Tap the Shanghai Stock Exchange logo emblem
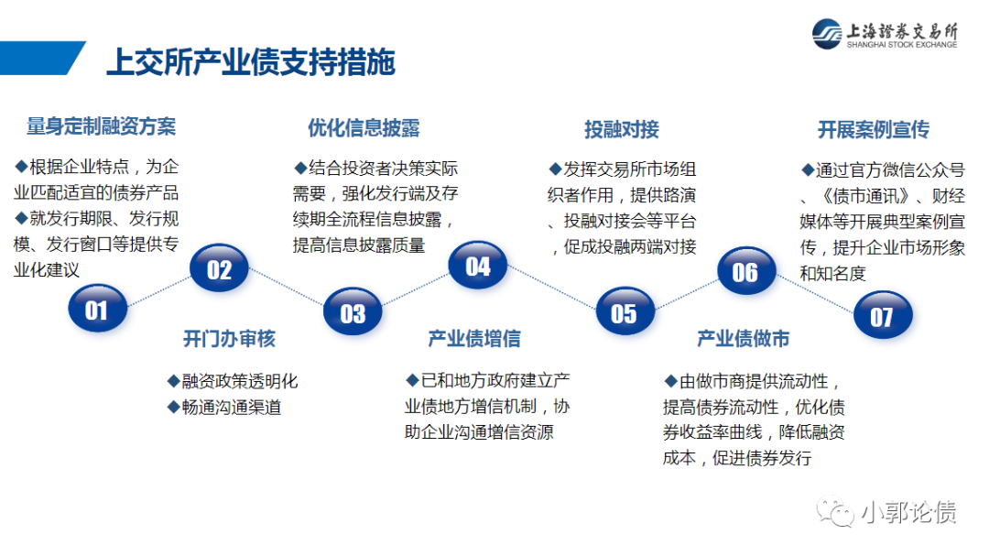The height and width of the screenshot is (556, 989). pos(829,34)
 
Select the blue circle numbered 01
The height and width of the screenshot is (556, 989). pos(96,311)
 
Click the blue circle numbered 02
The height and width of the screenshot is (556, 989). pos(219,269)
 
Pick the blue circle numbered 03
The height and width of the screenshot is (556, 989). pos(353,313)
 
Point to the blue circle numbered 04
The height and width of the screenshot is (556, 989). pos(477,267)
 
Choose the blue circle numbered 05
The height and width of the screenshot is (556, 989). pos(624,313)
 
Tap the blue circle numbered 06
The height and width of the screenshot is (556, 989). pos(744,271)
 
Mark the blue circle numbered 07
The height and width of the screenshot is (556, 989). pos(881,317)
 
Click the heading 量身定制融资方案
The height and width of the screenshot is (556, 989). pos(101,126)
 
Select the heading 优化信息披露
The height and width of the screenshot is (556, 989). pos(364,127)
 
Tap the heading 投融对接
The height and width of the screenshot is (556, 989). pos(622,129)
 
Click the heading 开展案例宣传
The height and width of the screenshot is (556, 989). pos(873,130)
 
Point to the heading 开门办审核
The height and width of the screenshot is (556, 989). pos(229,339)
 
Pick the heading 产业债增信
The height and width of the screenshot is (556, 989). pos(473,339)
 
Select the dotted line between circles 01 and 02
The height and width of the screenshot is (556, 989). pos(158,290)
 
